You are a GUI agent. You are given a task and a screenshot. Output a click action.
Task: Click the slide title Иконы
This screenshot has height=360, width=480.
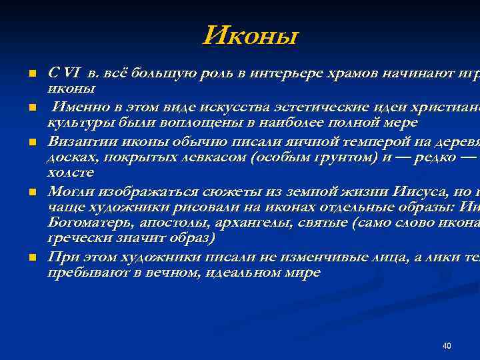click(x=251, y=35)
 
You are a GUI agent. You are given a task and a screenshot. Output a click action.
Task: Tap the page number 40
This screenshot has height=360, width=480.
click(x=447, y=346)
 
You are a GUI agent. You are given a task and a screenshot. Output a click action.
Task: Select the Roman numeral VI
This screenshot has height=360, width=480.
click(x=69, y=73)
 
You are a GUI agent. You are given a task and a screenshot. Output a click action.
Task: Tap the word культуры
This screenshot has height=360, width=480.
click(x=73, y=123)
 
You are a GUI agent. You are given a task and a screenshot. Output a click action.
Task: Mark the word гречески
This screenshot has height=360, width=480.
click(x=74, y=239)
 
